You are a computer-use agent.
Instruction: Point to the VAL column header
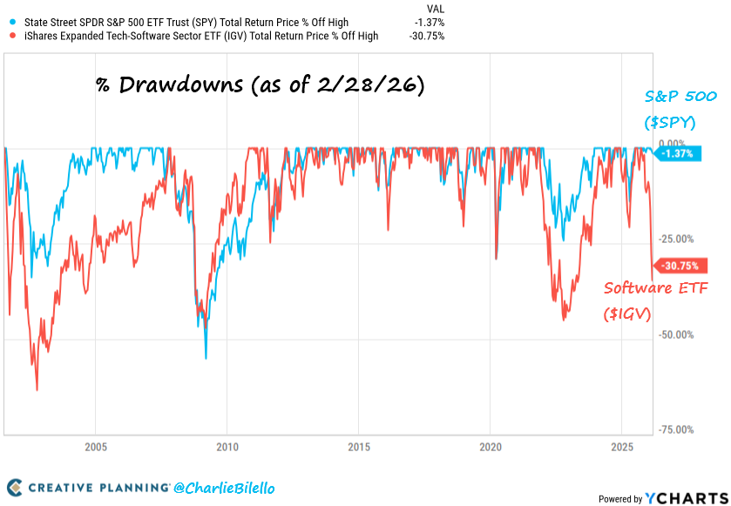[x=433, y=8]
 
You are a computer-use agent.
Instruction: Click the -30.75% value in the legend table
[x=426, y=36]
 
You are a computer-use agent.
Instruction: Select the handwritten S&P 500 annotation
[x=670, y=108]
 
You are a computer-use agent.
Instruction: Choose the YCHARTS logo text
[x=685, y=498]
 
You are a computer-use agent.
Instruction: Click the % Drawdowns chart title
[x=259, y=86]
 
